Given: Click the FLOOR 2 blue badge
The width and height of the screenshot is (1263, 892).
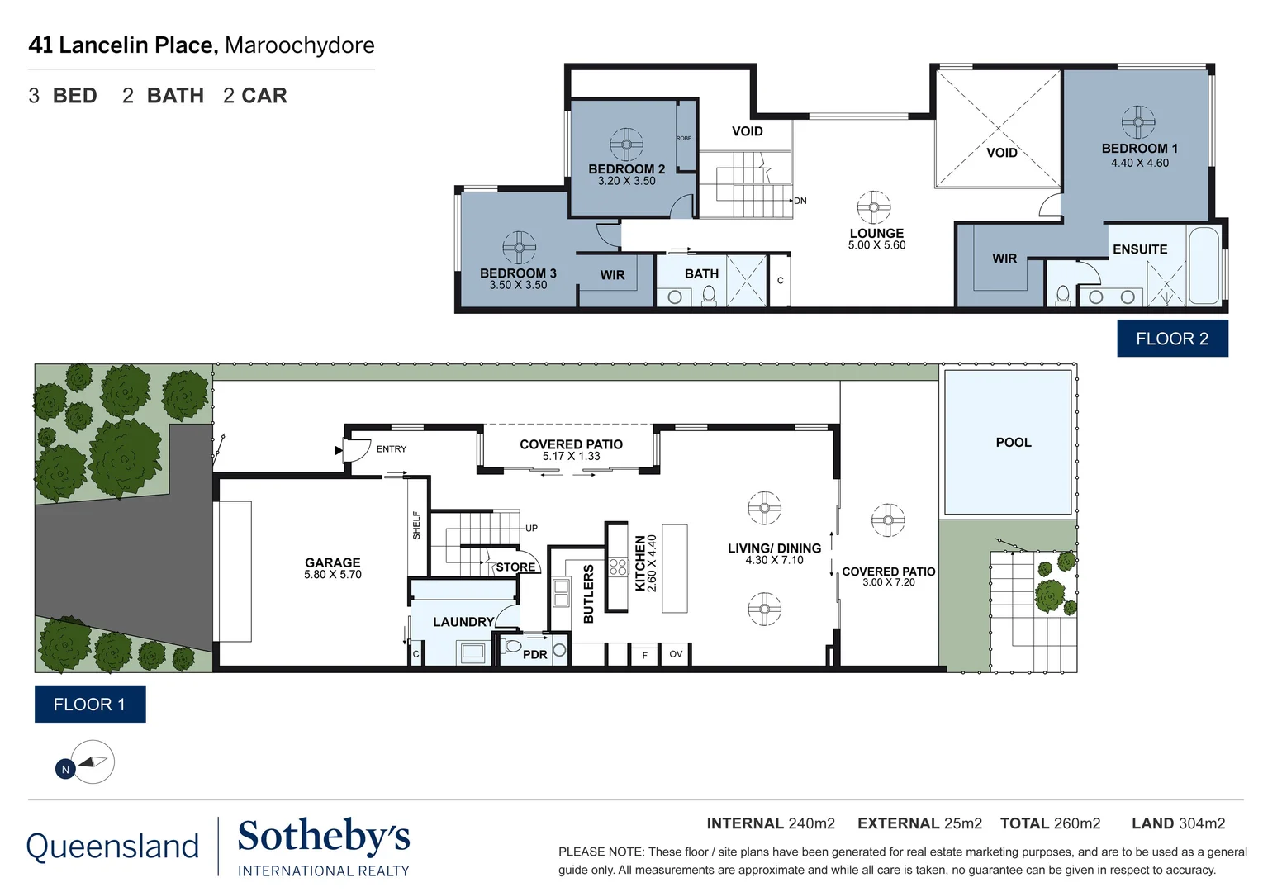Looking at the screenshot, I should click(x=1171, y=339).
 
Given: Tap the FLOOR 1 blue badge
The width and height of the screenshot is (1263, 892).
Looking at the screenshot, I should click(x=89, y=705).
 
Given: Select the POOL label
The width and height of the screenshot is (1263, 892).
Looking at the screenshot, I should click(x=1013, y=443).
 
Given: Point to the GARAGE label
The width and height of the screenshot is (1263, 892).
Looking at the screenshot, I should click(x=332, y=562).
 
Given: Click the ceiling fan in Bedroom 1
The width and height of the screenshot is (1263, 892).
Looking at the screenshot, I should click(x=1138, y=122).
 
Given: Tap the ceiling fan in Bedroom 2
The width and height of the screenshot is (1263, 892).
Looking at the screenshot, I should click(x=626, y=145).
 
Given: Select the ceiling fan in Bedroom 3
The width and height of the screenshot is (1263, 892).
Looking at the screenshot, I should click(x=519, y=248).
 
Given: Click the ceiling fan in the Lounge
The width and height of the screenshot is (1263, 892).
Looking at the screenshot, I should click(x=873, y=207).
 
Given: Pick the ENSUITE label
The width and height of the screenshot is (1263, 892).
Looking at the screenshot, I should click(x=1139, y=249).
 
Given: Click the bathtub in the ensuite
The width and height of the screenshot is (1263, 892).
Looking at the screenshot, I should click(x=1204, y=266).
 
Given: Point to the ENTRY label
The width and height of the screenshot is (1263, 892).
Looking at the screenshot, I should click(x=391, y=449).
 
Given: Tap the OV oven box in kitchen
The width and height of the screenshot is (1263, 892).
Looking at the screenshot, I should click(x=676, y=654).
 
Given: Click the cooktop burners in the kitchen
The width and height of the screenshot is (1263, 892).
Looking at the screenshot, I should click(x=618, y=567).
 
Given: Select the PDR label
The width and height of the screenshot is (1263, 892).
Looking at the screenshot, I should click(x=534, y=655).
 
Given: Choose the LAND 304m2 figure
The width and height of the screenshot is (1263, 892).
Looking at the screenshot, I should click(x=1178, y=823).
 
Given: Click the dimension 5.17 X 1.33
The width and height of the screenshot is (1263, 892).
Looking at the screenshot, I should click(x=571, y=457).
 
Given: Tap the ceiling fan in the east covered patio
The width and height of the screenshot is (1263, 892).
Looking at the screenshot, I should click(x=888, y=520).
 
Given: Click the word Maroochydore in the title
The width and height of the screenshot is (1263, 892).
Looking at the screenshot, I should click(x=299, y=45).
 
